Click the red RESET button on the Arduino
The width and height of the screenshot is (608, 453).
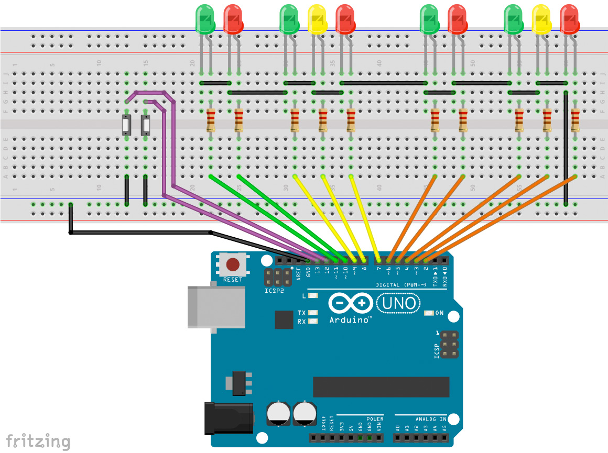[233, 264]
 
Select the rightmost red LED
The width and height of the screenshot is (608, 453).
[569, 19]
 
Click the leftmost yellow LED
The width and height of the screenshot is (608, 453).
[317, 19]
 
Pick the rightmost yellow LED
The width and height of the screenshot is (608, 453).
[541, 19]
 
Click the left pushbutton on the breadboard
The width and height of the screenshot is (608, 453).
[126, 126]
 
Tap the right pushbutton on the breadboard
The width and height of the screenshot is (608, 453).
[145, 126]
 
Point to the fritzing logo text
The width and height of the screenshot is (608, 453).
[38, 440]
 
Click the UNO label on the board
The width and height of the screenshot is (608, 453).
[399, 303]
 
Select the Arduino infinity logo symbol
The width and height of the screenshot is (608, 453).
[351, 303]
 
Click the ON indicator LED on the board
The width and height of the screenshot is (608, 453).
[429, 313]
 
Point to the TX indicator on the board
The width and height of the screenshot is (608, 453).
[313, 313]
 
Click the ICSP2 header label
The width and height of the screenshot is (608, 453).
[275, 290]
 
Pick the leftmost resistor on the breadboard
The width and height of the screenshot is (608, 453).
[211, 120]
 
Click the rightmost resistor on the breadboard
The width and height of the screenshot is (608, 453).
[575, 120]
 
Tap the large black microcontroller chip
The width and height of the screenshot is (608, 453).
[381, 386]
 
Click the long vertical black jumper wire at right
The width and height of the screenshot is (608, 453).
[566, 147]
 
